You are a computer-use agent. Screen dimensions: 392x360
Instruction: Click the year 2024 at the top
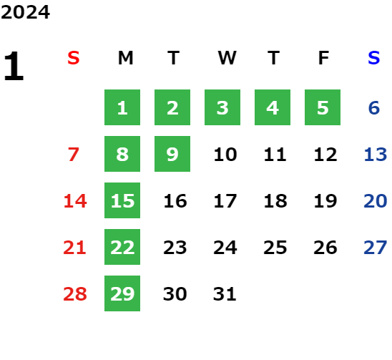coord(25,12)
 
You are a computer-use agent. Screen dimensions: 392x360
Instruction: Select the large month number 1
coord(14,66)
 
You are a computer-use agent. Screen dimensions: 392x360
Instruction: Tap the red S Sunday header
coord(74,58)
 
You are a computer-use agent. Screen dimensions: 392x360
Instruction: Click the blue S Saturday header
coord(374,58)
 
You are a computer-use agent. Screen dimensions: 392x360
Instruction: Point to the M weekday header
coord(125,58)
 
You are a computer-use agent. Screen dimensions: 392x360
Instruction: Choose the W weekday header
coord(227,58)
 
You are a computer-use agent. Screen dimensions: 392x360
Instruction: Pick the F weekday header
coord(324,58)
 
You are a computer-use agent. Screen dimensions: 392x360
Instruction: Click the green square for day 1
coord(122,107)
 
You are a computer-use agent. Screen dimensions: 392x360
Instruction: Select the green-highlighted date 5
coord(323,107)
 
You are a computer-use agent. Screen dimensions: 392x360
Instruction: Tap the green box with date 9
coord(172,154)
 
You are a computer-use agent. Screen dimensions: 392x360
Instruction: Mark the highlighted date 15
coord(122,200)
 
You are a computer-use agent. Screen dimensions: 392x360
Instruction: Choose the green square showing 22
coord(122,247)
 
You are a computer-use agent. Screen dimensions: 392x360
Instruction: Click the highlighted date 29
coord(122,293)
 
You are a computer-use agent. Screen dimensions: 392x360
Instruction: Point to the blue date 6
coord(374,108)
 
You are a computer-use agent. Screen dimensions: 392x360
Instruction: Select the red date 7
coord(74,155)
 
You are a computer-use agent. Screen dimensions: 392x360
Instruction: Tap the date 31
coord(225,294)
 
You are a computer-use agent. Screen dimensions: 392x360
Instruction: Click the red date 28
coord(75,294)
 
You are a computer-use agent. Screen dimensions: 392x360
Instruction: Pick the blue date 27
coord(376,248)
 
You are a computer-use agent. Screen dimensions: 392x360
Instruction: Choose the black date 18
coord(275,201)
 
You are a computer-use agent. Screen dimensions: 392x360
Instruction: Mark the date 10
coord(225,155)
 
